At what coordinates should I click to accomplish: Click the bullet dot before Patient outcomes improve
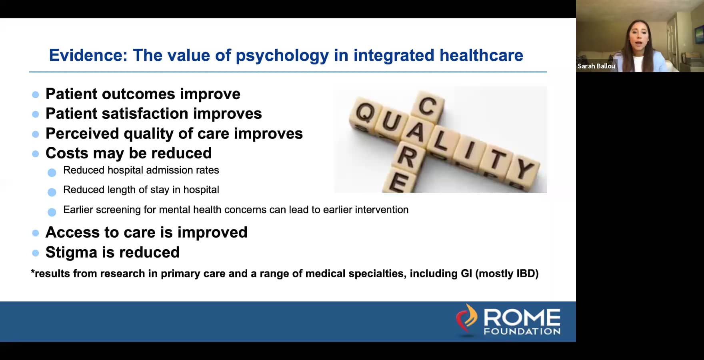coord(36,95)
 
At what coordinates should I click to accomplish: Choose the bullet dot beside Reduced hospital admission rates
coord(52,173)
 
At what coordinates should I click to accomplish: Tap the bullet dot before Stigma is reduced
coord(36,253)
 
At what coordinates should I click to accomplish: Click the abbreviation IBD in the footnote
coord(526,274)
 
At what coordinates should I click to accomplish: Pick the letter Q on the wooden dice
coord(364,112)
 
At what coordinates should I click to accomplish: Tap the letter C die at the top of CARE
coord(428,106)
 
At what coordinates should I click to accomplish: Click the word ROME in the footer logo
coord(522,318)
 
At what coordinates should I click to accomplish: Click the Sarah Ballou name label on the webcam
coord(596,66)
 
